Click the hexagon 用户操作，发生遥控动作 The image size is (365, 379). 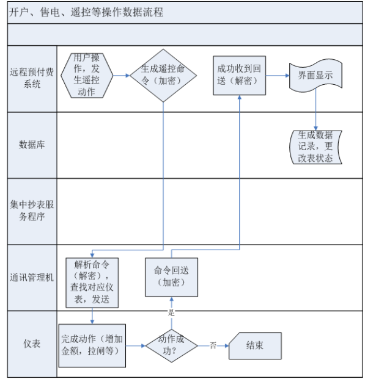(x=87, y=76)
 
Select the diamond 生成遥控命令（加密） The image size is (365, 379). (x=163, y=76)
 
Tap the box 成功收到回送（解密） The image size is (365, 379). (x=239, y=76)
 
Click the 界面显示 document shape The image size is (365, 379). (x=315, y=76)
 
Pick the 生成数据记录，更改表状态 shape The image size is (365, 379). (x=315, y=147)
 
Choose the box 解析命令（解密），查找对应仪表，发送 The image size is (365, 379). (x=92, y=283)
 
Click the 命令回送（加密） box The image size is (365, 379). (x=171, y=277)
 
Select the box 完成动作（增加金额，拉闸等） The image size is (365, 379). (x=92, y=345)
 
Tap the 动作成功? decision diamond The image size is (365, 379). (x=171, y=345)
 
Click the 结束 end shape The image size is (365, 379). (x=255, y=345)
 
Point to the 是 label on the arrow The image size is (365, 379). (x=171, y=312)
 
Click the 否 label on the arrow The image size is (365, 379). (x=213, y=345)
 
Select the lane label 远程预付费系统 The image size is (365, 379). (x=32, y=78)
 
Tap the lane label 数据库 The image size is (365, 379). (x=32, y=145)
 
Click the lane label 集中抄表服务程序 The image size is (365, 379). (x=32, y=211)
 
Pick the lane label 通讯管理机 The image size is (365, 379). (x=32, y=278)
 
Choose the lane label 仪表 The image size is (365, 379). (x=32, y=344)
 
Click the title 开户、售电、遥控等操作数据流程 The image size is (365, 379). (x=86, y=12)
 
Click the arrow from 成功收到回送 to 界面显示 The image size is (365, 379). (x=278, y=76)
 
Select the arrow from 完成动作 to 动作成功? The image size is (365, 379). (x=136, y=345)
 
